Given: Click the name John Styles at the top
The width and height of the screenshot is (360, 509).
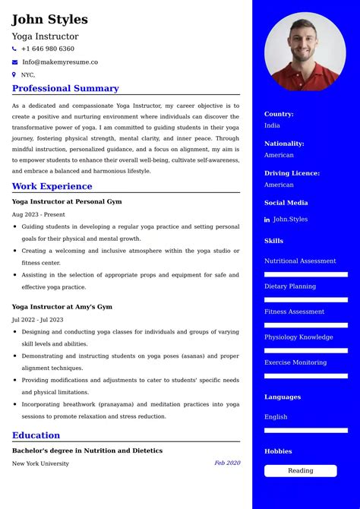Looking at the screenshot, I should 49,20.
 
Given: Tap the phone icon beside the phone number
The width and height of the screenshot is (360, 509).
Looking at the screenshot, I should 14,49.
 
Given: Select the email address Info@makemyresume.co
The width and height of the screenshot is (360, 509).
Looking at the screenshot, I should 60,62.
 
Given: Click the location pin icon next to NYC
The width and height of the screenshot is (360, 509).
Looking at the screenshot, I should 14,74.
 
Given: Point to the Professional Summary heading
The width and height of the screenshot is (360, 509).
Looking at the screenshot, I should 65,88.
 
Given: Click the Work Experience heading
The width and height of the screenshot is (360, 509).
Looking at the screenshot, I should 52,186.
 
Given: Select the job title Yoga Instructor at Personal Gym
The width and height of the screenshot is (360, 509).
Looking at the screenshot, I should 67,201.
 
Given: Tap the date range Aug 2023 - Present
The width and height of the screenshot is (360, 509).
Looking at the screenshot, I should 39,214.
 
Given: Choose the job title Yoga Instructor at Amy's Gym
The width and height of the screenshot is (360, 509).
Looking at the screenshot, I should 62,307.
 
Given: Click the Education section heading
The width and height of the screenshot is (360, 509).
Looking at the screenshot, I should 36,435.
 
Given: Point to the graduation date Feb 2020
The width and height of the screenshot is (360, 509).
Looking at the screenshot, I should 227,463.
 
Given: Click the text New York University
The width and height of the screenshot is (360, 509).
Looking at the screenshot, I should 40,463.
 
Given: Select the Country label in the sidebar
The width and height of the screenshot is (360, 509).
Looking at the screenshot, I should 279,114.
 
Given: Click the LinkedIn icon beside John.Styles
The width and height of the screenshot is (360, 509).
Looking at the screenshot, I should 267,220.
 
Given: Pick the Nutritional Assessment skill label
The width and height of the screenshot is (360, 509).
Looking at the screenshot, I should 300,261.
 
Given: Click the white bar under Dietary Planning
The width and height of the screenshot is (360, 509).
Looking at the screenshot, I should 305,300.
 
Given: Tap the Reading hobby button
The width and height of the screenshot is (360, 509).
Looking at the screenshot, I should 300,470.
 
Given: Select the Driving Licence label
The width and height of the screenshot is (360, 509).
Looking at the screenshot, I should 292,173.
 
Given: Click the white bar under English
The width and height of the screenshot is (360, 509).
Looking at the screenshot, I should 305,430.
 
